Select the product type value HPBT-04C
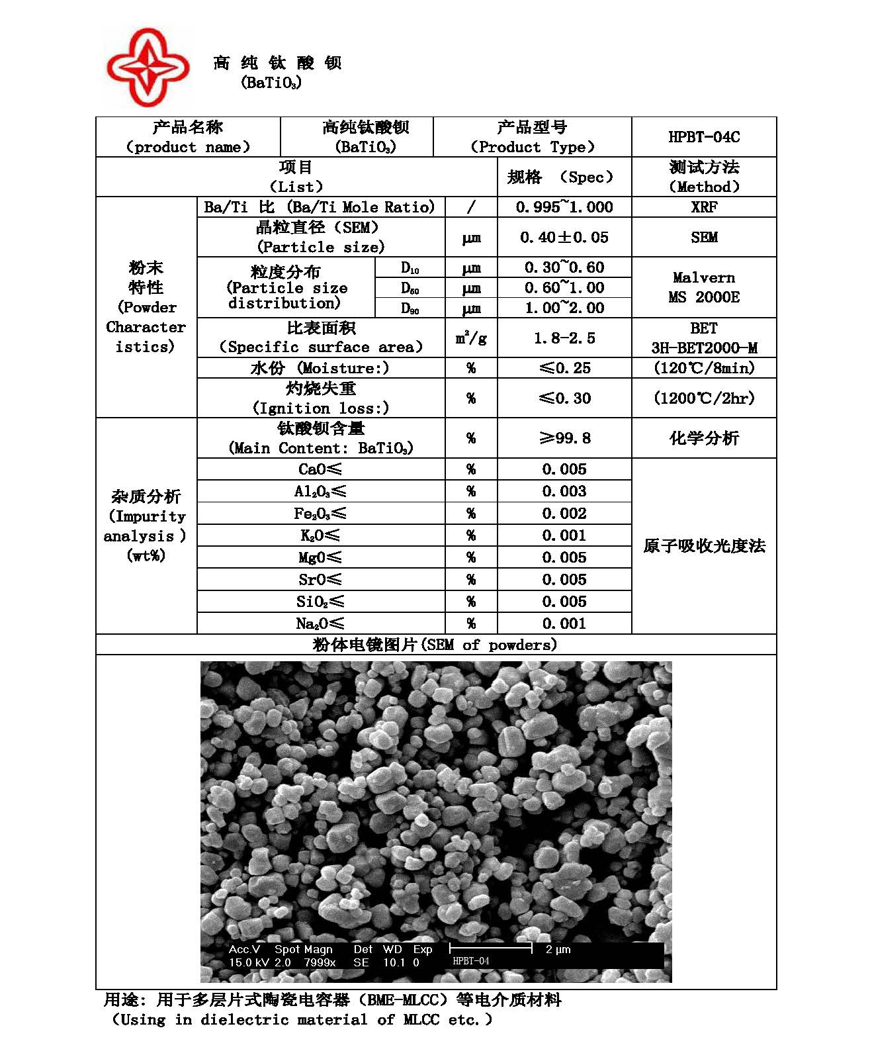(704, 137)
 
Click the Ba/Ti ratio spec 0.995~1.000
(564, 207)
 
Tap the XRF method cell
(704, 207)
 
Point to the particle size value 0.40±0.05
(564, 237)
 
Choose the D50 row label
(410, 289)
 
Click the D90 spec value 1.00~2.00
(564, 308)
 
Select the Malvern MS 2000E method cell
(704, 287)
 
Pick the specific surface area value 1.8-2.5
(564, 338)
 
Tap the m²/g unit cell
(471, 338)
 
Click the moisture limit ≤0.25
(564, 368)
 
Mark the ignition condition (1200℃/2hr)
(704, 398)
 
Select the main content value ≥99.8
(564, 438)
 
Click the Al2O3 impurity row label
(320, 491)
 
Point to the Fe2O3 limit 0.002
(564, 514)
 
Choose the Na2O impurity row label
(320, 623)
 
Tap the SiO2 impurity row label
(320, 602)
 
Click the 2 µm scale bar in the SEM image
(491, 948)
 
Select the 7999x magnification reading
(320, 962)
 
